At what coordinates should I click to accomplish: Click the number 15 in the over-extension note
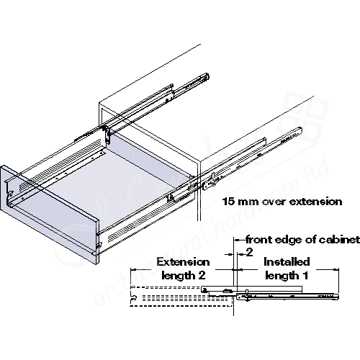pyautogui.click(x=228, y=202)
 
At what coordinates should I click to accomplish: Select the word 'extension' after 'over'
pyautogui.click(x=316, y=202)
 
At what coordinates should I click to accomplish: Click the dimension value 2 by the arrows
pyautogui.click(x=249, y=253)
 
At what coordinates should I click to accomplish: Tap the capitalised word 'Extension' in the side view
pyautogui.click(x=183, y=262)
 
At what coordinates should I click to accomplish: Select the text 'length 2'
pyautogui.click(x=184, y=275)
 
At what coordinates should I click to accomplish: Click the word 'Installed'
pyautogui.click(x=287, y=261)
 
